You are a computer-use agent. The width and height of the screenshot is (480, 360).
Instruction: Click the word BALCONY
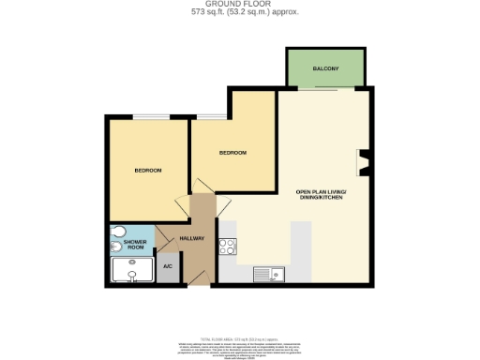pos(325,68)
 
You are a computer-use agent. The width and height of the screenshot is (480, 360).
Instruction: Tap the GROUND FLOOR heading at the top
pos(240,5)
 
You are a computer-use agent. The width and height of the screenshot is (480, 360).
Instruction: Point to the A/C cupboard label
pos(168,267)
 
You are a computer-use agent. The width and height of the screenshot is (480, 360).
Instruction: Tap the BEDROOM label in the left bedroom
pos(148,170)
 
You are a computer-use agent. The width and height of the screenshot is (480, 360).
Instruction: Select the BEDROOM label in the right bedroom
pos(232,153)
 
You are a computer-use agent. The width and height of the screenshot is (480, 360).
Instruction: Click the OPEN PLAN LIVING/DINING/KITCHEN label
pos(321,195)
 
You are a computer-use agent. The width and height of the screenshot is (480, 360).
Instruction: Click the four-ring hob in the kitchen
pos(227,247)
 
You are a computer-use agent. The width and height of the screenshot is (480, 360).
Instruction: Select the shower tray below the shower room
pos(131,271)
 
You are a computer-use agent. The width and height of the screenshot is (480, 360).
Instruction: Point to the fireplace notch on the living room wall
pos(364,163)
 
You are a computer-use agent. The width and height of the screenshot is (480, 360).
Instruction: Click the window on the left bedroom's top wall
pos(150,117)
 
